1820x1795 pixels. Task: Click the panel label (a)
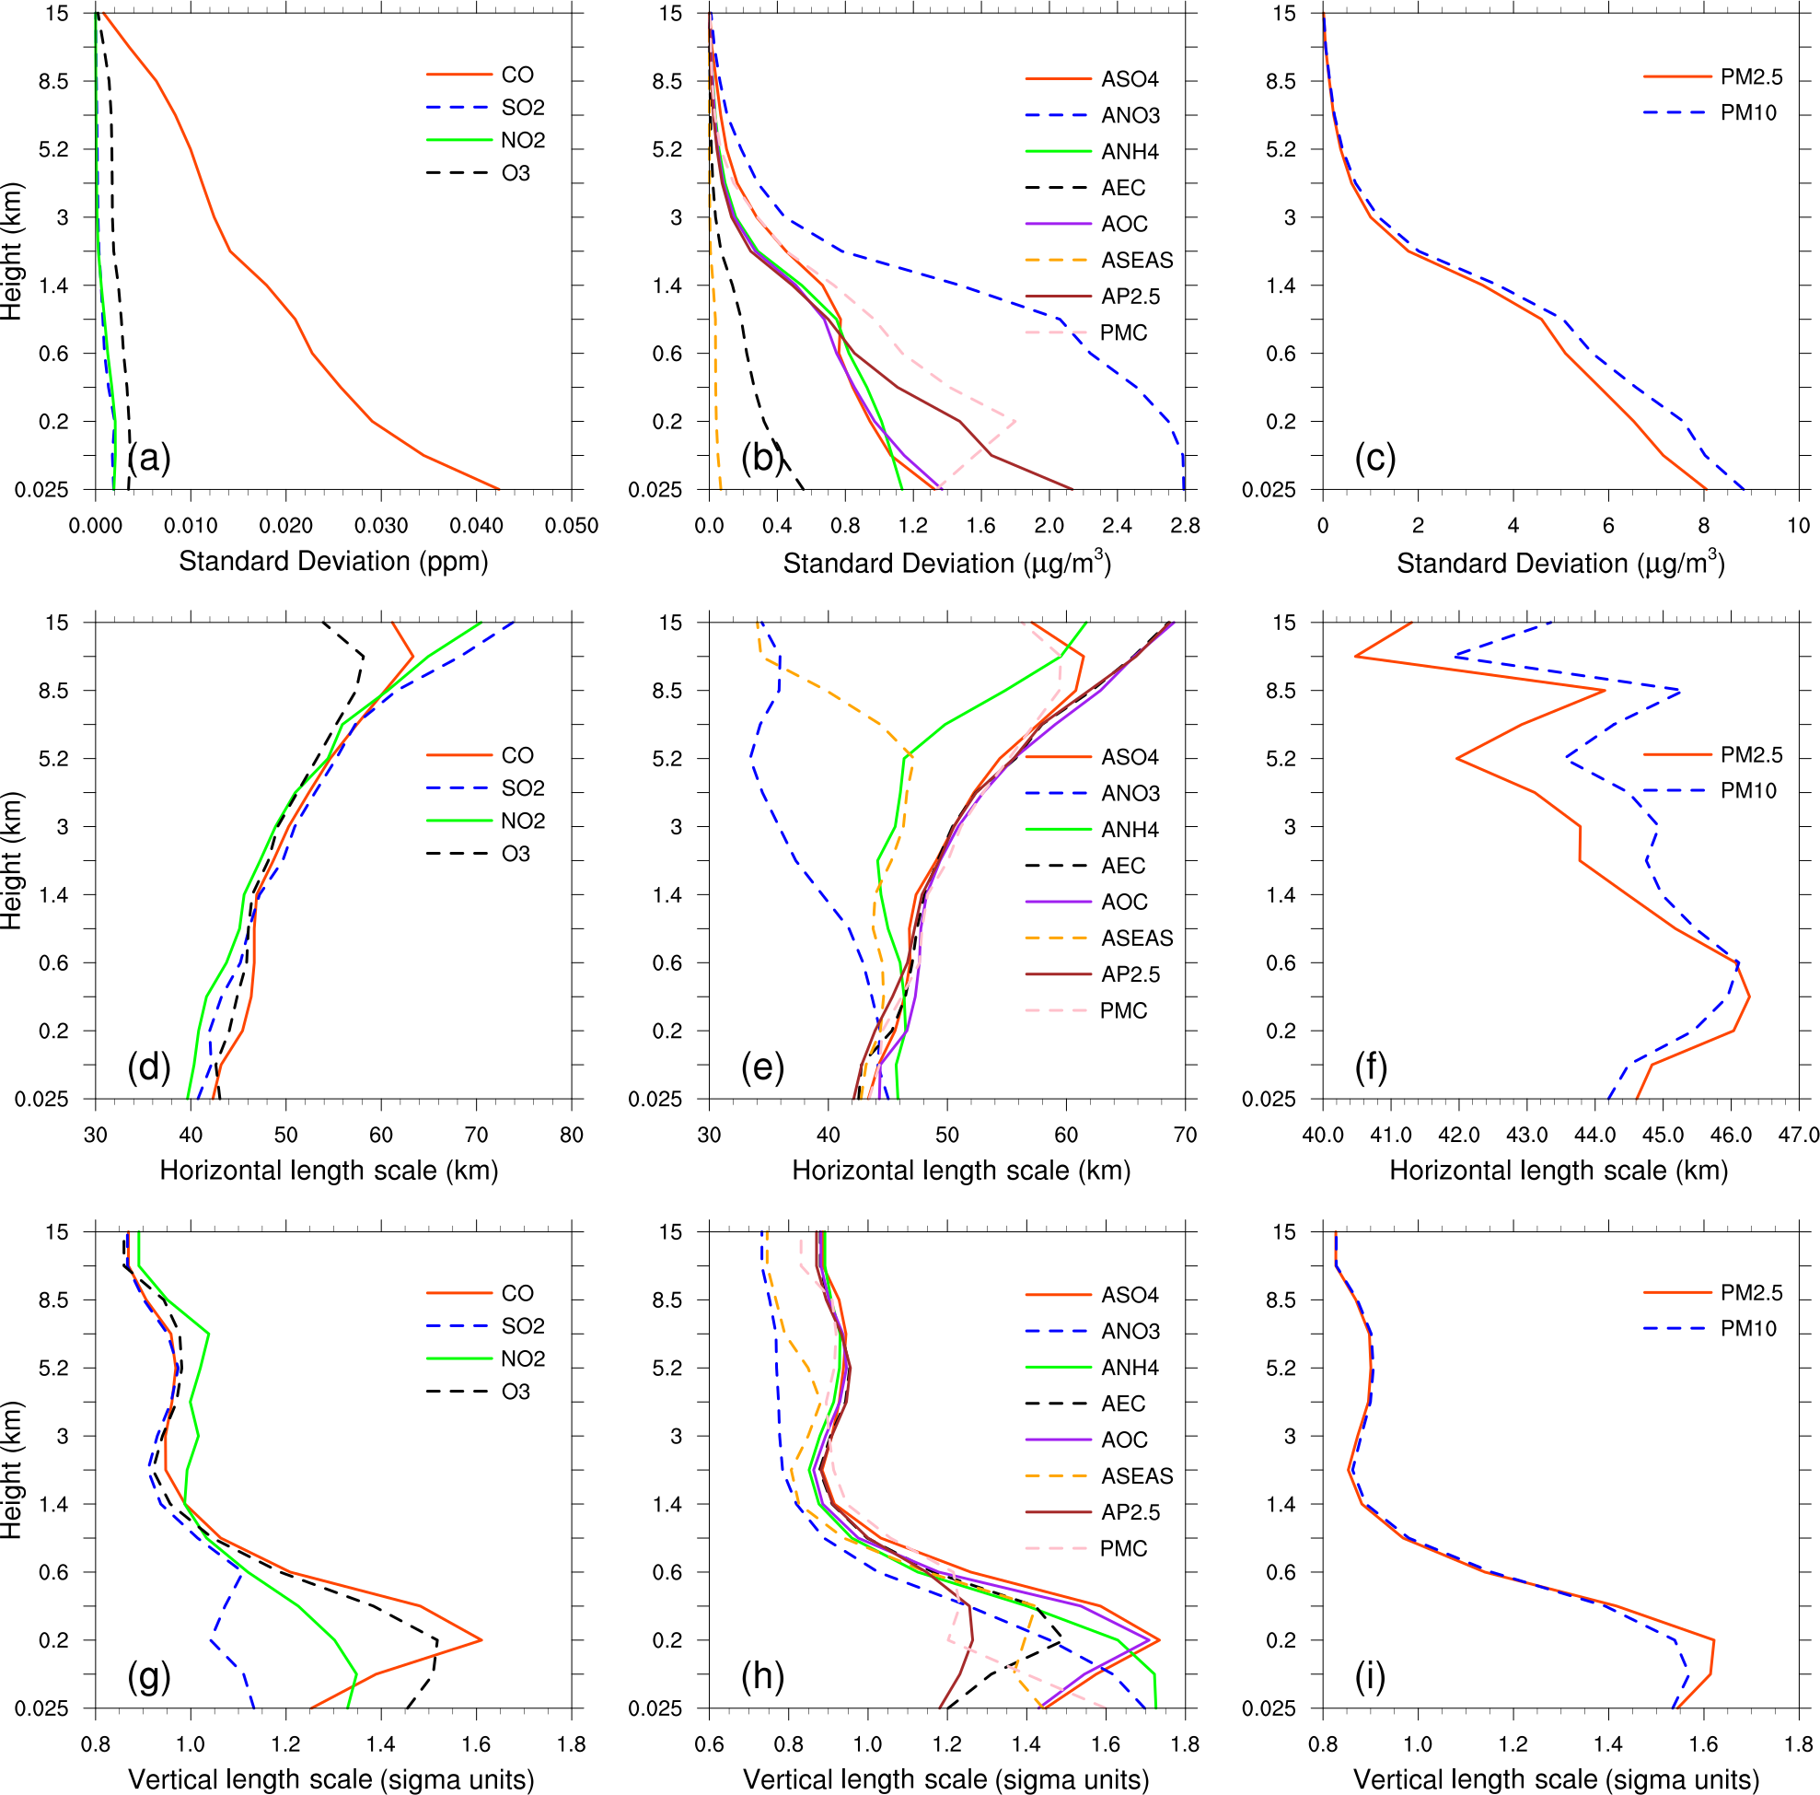point(149,458)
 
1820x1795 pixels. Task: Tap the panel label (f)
point(1371,1067)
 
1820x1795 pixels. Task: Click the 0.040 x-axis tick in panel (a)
point(476,526)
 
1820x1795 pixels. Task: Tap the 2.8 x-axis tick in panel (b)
point(1184,526)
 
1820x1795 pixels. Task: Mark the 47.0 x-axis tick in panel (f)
point(1797,1135)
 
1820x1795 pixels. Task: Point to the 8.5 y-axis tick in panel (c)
point(1281,81)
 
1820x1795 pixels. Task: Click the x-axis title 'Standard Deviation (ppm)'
point(333,562)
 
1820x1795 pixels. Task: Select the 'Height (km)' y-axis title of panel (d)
point(11,860)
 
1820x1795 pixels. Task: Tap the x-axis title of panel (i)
point(1556,1779)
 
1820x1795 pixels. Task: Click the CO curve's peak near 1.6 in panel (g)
point(481,1640)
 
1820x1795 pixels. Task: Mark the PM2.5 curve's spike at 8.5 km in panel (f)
point(1605,691)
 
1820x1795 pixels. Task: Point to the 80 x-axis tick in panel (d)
point(571,1135)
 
